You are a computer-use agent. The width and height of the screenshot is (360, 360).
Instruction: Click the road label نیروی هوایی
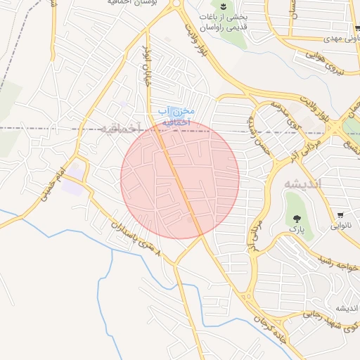pyautogui.click(x=328, y=64)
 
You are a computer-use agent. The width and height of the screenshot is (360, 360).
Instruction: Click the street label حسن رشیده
pyautogui.click(x=255, y=133)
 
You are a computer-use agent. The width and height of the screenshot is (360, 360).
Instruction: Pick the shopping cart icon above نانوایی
pyautogui.click(x=341, y=214)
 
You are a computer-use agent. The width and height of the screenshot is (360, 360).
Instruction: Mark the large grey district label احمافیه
pyautogui.click(x=120, y=128)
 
